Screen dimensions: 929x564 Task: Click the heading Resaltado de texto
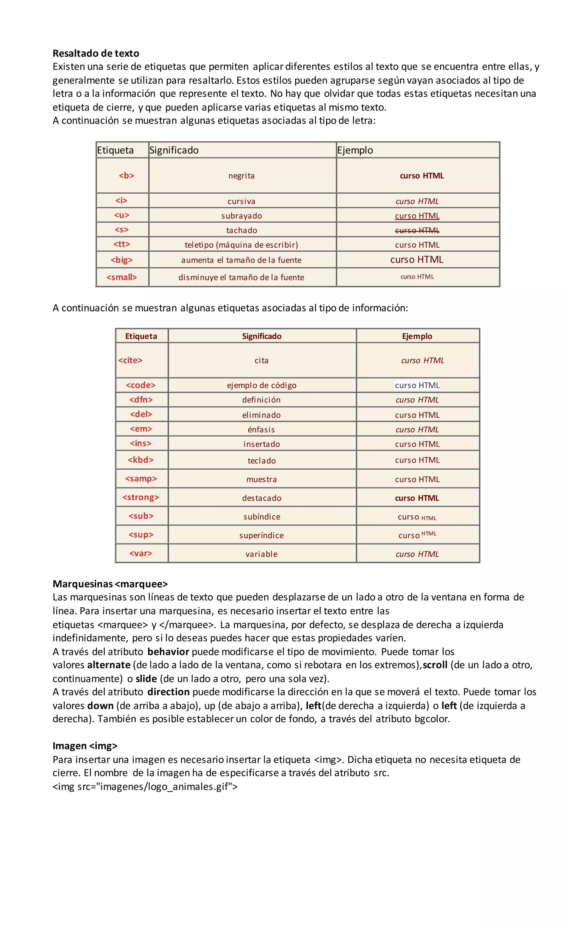[x=96, y=53]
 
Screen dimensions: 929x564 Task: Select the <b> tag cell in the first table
[x=126, y=175]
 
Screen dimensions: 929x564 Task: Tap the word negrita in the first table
[x=241, y=176]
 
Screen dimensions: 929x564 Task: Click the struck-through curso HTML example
[x=417, y=230]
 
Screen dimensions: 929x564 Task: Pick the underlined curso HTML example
[x=417, y=216]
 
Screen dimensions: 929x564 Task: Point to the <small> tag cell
[x=121, y=277]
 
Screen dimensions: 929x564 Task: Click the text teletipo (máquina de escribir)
[x=241, y=245]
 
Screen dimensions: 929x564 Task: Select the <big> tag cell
[x=121, y=260]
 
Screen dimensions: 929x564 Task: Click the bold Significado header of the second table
[x=262, y=336]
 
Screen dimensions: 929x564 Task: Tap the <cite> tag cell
[x=131, y=360]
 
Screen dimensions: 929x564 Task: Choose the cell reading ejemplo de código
[x=262, y=385]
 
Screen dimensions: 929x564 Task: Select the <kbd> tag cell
[x=141, y=460]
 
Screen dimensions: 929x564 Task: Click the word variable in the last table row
[x=262, y=554]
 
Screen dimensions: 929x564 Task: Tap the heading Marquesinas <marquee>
[x=110, y=584]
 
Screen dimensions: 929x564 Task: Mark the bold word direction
[x=168, y=692]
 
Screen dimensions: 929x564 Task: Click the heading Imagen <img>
[x=85, y=746]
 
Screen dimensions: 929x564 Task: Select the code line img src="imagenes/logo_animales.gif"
[x=145, y=787]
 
